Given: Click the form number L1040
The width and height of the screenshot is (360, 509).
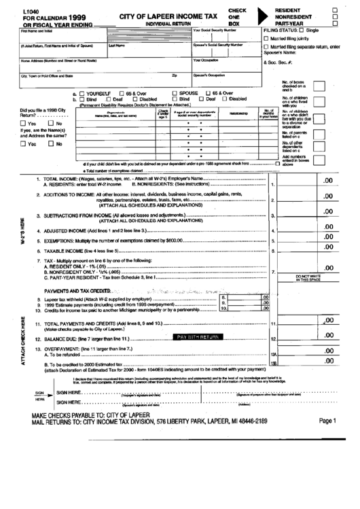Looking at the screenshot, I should (x=31, y=9).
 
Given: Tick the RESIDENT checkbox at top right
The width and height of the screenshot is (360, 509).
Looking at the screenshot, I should (x=335, y=9).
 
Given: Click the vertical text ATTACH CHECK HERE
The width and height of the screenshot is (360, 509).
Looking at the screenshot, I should (x=24, y=342).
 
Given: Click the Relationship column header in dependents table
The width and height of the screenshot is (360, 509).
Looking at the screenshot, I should (x=238, y=113).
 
